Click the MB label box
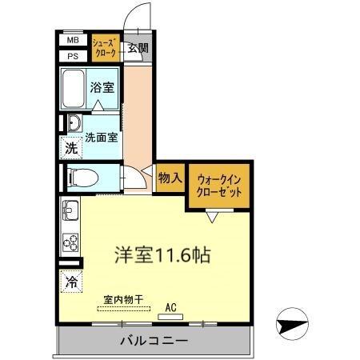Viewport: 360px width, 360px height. point(73,40)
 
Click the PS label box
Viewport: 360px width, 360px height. point(73,55)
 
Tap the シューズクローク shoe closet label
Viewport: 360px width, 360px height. point(105,46)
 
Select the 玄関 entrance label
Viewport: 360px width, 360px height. point(138,48)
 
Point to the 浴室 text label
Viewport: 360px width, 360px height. point(102,87)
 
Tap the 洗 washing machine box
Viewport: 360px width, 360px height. point(71,148)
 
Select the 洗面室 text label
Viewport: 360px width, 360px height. point(102,137)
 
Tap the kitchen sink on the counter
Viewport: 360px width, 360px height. point(70,212)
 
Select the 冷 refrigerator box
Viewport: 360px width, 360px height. point(71,282)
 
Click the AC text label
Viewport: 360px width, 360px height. point(170,306)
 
